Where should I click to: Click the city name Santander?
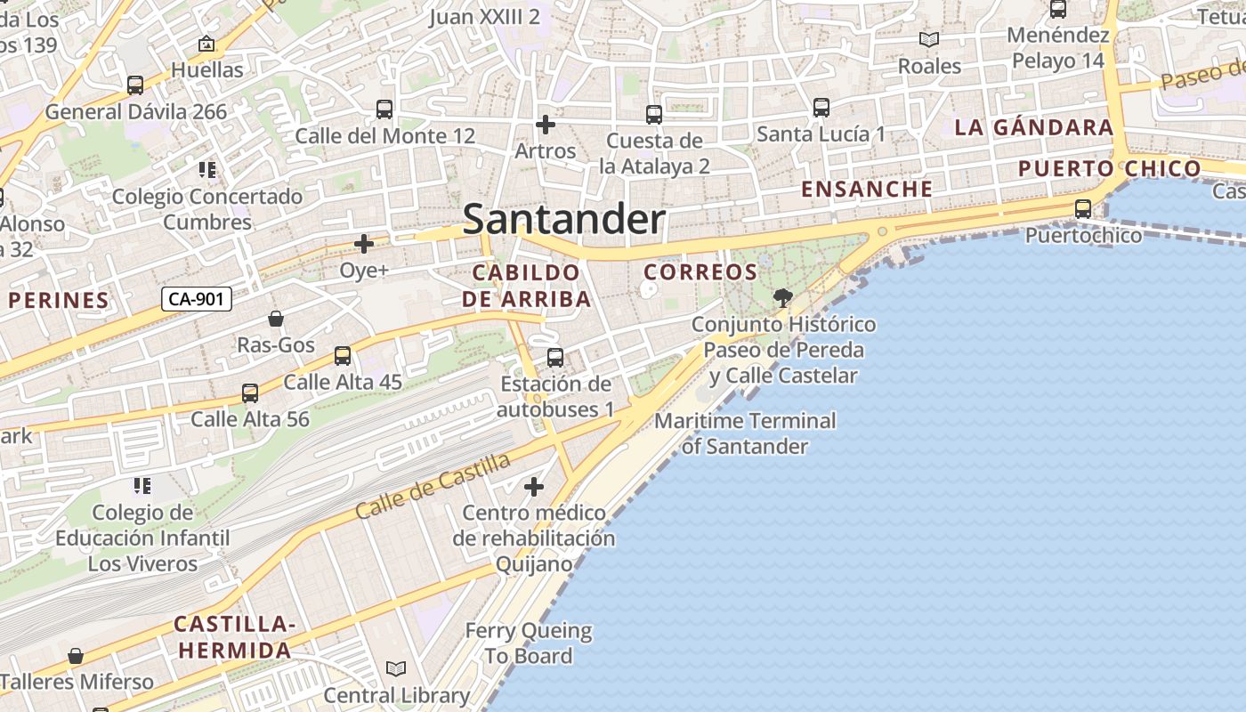tap(563, 219)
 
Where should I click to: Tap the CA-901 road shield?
tap(197, 299)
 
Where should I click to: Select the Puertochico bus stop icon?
tap(1083, 209)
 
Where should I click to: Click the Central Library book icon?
tap(396, 668)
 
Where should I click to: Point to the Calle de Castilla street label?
tap(433, 487)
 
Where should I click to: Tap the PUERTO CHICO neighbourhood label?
tap(1109, 168)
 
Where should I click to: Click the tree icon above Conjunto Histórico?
tap(783, 298)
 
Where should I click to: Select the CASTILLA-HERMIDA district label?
tap(235, 636)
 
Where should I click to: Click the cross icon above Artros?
tap(546, 125)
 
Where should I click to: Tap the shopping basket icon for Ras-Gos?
tap(276, 319)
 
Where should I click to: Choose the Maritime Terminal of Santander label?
tap(745, 433)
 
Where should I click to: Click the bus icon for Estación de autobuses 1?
tap(555, 358)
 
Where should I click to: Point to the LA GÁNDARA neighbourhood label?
tap(1033, 127)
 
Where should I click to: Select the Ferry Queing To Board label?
tap(529, 643)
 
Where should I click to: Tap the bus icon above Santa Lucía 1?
tap(821, 108)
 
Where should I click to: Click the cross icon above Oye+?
tap(364, 244)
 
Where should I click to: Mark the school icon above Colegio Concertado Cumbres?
tap(207, 169)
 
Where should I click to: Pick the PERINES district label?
tap(59, 301)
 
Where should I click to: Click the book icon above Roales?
tap(929, 40)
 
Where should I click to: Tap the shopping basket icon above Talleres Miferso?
tap(77, 656)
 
